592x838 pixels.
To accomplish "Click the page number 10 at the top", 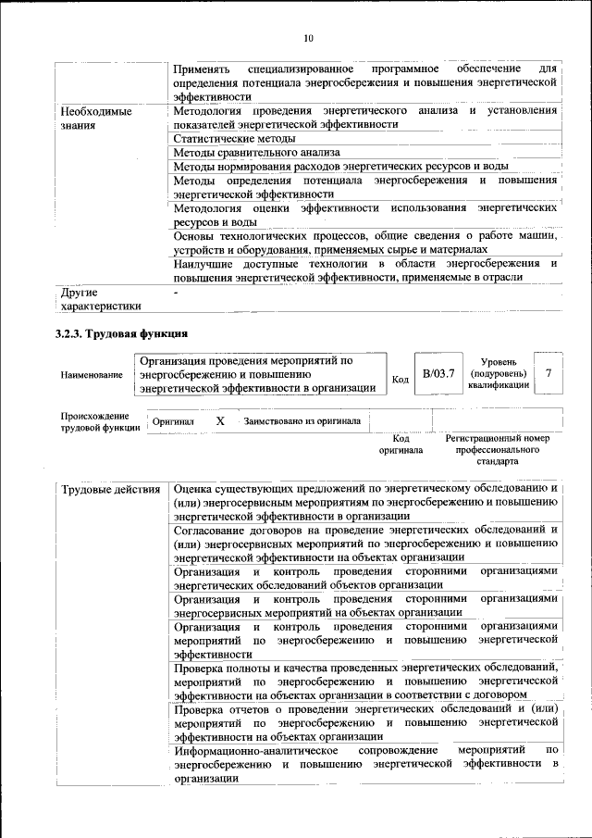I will point(308,38).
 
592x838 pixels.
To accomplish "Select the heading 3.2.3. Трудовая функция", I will point(121,332).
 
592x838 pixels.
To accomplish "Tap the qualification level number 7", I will point(549,372).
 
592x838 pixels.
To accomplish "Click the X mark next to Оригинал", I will point(220,421).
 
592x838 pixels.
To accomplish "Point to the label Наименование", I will point(92,375).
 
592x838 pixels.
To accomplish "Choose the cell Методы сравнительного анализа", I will point(256,152).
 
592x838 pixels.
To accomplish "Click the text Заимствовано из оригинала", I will point(302,421).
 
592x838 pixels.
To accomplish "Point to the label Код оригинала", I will point(401,444).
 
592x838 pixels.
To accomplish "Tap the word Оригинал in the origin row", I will point(173,421).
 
